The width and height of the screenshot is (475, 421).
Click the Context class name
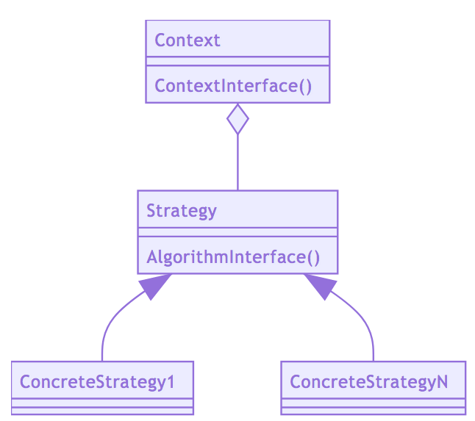187,40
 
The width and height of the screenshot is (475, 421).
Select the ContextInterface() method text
233,86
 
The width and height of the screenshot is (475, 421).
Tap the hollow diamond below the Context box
238,119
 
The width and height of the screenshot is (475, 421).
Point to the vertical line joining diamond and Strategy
238,162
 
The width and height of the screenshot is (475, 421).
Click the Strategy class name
182,211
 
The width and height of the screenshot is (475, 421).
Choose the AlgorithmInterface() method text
233,257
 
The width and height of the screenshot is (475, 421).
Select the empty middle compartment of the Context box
238,61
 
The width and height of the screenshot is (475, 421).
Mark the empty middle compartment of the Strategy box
238,232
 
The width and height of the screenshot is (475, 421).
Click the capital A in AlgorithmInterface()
152,257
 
